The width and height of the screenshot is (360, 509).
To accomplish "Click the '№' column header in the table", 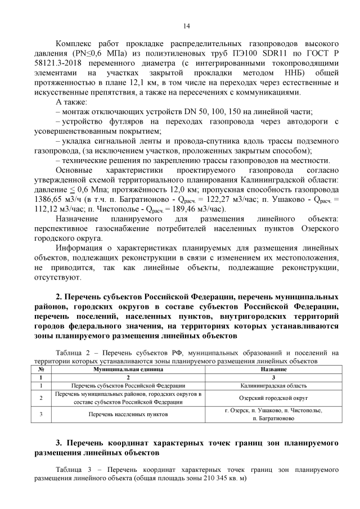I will (x=41, y=368).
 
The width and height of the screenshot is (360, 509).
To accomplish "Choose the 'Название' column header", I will (x=273, y=368).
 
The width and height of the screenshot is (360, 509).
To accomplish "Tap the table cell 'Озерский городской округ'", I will (x=273, y=398).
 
